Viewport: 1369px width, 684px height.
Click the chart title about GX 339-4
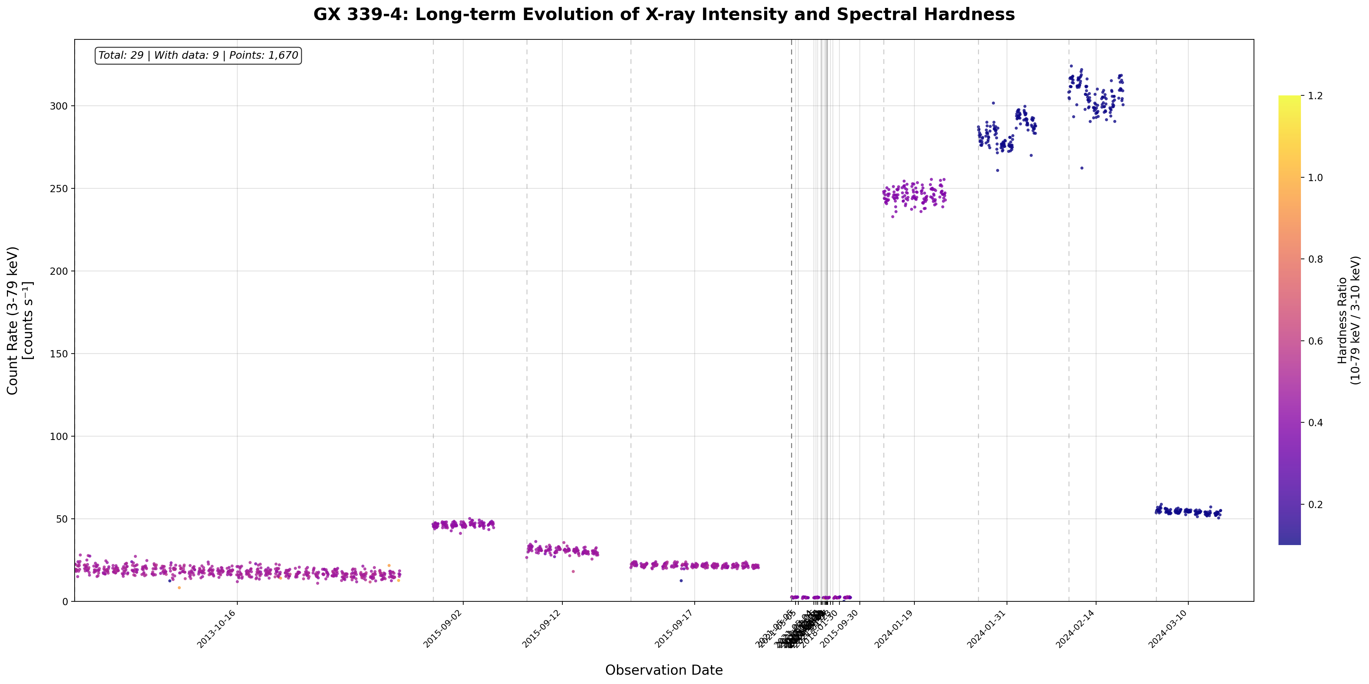[664, 15]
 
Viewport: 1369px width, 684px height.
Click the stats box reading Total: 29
[198, 55]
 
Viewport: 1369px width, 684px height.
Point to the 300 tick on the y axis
[60, 106]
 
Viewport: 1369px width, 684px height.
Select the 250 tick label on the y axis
[60, 188]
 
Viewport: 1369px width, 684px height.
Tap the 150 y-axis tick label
[60, 354]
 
